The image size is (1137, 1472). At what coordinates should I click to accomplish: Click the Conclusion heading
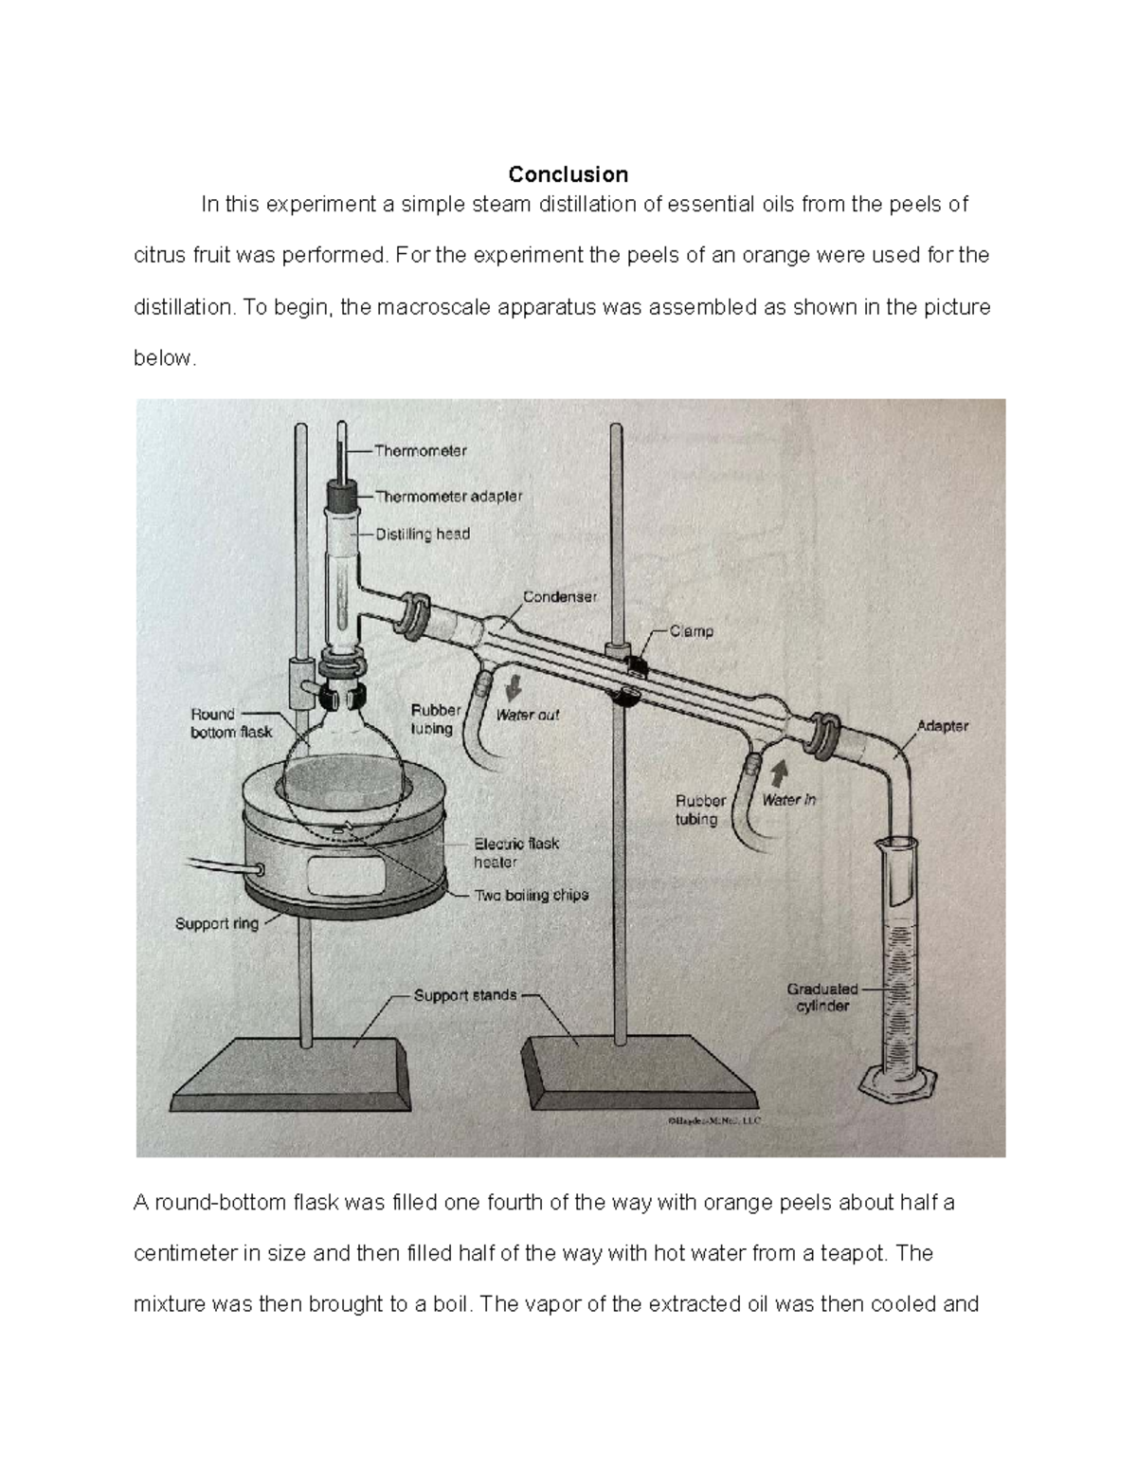[x=568, y=174]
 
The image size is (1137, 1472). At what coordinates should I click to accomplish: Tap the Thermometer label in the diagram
[x=420, y=451]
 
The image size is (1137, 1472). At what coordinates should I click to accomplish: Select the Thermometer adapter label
[x=448, y=496]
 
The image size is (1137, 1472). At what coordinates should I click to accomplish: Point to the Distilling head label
[x=423, y=535]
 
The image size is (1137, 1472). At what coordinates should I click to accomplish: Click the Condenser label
[x=560, y=597]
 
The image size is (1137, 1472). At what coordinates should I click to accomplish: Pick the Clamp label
[x=692, y=631]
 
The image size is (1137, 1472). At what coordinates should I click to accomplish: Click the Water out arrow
[x=514, y=685]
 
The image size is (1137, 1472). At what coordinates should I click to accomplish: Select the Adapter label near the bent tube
[x=942, y=726]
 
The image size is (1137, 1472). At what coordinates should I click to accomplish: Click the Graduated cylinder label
[x=821, y=997]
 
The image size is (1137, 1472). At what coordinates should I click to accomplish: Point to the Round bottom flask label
[x=230, y=723]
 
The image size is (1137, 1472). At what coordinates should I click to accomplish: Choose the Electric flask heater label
[x=516, y=852]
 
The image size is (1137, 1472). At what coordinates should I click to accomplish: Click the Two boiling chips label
[x=531, y=895]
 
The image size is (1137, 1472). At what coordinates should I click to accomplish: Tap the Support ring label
[x=216, y=923]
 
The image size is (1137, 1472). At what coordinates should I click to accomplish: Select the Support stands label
[x=465, y=995]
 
